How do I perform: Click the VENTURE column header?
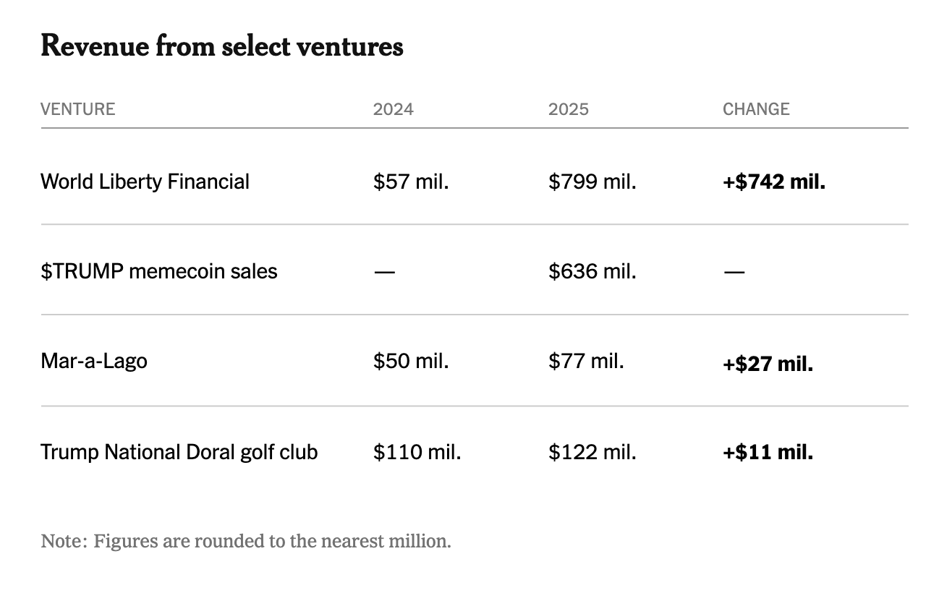click(77, 109)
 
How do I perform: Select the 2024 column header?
click(394, 109)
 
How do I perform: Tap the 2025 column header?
click(569, 109)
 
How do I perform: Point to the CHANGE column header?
click(756, 109)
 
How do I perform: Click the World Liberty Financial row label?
click(145, 182)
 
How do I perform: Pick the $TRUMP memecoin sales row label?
click(159, 271)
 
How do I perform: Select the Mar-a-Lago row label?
click(94, 362)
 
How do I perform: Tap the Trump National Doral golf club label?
click(179, 452)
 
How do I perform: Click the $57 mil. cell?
click(411, 182)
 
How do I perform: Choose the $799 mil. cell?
click(592, 182)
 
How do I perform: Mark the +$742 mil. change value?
click(774, 182)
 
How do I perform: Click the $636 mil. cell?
click(592, 271)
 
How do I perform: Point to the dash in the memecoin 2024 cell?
click(384, 273)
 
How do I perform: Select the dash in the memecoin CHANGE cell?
click(734, 273)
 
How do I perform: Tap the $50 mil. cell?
click(411, 362)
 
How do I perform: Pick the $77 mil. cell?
click(586, 362)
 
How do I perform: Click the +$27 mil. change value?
click(768, 364)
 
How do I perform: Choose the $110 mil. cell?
click(417, 452)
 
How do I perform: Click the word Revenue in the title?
click(95, 46)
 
